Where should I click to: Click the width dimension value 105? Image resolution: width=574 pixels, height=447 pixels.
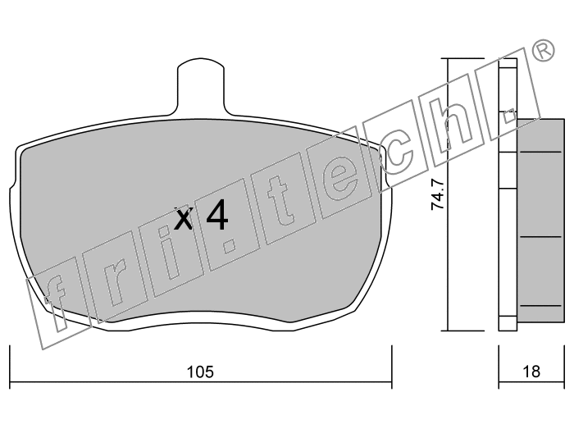coord(200,372)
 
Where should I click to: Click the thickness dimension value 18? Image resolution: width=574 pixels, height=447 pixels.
coord(531,372)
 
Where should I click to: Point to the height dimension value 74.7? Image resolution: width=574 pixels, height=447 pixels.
coord(438,194)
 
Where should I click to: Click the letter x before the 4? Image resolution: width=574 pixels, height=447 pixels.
coord(183,219)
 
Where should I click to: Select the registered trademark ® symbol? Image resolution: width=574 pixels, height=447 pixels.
coord(543,50)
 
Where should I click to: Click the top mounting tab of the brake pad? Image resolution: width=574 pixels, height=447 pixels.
coord(201,86)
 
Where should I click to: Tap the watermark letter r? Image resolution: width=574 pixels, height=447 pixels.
coord(114,285)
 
